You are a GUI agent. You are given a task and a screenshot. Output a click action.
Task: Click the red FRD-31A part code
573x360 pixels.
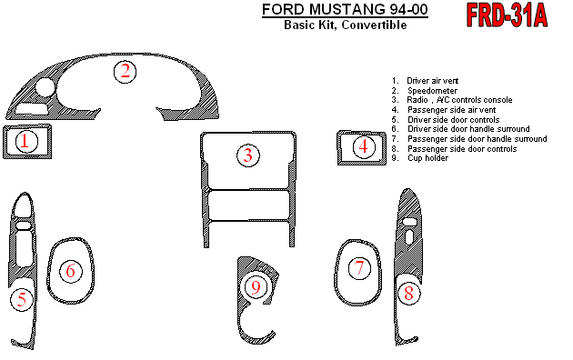(x=507, y=15)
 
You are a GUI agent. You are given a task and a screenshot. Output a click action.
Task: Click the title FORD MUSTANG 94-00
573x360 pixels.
(x=345, y=9)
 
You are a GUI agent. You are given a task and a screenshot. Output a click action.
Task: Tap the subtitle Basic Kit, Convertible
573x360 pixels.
(x=346, y=25)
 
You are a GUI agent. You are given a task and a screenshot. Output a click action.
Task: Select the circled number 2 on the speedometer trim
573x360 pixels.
(x=125, y=72)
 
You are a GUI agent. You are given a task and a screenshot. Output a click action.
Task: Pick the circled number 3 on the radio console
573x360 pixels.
(x=248, y=155)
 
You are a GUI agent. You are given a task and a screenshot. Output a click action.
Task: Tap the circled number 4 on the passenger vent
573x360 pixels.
(x=364, y=146)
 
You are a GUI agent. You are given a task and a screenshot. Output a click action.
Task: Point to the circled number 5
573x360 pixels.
(x=22, y=299)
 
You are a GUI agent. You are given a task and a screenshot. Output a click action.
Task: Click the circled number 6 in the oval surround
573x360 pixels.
(x=71, y=271)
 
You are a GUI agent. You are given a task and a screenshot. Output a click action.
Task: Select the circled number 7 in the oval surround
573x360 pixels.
(x=359, y=268)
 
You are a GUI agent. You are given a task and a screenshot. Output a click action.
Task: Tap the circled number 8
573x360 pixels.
(x=408, y=294)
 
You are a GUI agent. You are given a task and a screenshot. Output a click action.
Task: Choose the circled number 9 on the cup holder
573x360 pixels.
(x=256, y=287)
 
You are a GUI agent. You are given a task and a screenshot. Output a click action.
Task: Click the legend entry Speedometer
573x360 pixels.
(x=432, y=91)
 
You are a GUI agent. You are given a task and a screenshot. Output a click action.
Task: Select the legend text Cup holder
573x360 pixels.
(x=427, y=158)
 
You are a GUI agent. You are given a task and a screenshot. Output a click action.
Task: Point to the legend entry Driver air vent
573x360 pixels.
(x=432, y=81)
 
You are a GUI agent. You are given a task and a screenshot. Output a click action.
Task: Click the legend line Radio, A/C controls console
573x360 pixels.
(x=459, y=100)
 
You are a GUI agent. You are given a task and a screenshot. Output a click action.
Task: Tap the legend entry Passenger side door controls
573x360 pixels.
(x=462, y=148)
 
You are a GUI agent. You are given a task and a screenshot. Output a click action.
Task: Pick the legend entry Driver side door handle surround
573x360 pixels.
(x=468, y=129)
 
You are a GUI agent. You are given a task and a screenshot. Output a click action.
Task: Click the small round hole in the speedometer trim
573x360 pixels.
(x=45, y=87)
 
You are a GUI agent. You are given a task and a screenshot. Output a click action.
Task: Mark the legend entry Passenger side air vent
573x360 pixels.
(x=452, y=110)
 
